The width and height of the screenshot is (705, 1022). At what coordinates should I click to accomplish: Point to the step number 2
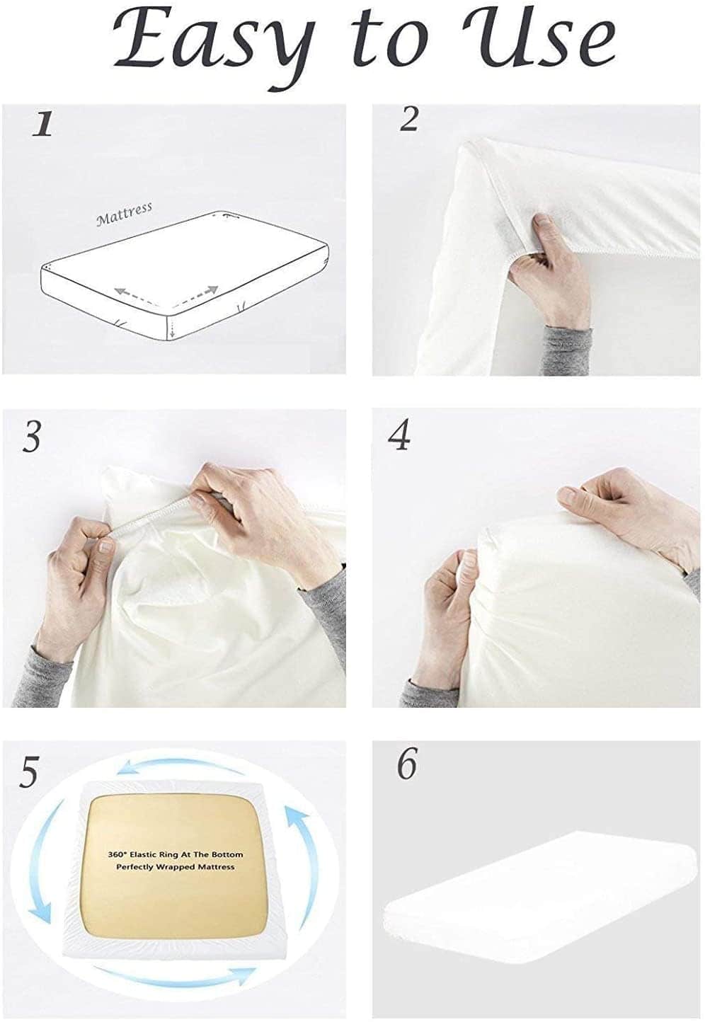tap(408, 120)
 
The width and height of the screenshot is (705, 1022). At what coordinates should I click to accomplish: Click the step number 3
tap(31, 436)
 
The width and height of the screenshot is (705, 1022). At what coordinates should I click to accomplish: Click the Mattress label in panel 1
tap(124, 214)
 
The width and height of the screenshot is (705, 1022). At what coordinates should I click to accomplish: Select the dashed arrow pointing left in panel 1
tap(135, 294)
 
